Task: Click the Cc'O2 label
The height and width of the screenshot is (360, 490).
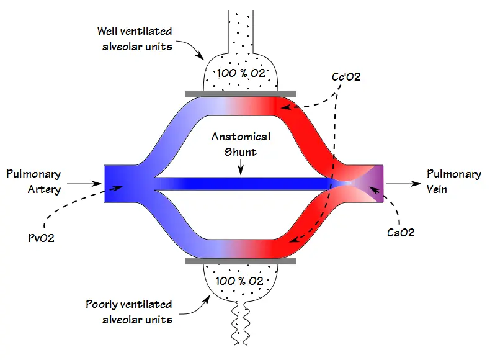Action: [346, 76]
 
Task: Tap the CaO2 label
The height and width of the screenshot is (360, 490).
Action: [401, 232]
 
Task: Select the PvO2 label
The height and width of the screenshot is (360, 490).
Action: [41, 238]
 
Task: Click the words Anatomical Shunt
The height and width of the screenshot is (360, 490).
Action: [241, 144]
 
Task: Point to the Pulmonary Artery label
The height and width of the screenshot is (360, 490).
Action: [33, 181]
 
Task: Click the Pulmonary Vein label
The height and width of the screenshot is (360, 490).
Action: [454, 181]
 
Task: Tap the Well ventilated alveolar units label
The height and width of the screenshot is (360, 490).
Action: [135, 38]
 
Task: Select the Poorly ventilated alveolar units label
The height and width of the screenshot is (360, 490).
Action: [129, 312]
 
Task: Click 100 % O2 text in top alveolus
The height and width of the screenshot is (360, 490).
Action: [241, 73]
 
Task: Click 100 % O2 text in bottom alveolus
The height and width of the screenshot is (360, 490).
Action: [239, 281]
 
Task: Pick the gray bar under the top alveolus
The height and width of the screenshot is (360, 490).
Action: [241, 94]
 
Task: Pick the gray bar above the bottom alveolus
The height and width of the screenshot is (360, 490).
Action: [241, 261]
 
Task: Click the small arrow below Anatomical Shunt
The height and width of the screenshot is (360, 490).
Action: [241, 167]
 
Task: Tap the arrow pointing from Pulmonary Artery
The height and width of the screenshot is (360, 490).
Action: [84, 184]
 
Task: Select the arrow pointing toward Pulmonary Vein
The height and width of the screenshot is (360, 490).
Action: [404, 184]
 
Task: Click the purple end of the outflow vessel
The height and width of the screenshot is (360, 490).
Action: [378, 184]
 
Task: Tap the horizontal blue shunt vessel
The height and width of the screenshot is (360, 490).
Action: [241, 184]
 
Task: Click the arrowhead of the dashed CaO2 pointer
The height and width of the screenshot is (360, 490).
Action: [373, 190]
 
